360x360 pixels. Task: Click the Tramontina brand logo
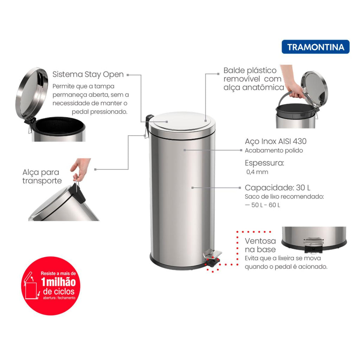(x=315, y=47)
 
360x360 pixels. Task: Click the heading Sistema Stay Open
(x=88, y=75)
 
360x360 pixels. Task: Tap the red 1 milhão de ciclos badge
(x=51, y=285)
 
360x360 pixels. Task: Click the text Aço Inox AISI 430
(x=276, y=141)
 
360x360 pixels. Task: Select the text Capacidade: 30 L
(x=277, y=188)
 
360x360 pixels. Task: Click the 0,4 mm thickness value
(x=257, y=172)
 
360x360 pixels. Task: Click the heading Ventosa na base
(x=260, y=245)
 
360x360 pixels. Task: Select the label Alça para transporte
(x=42, y=176)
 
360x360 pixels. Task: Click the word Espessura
(x=264, y=163)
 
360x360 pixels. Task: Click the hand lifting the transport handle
(x=81, y=168)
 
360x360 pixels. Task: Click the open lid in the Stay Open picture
(x=31, y=94)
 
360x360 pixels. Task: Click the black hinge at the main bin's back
(x=149, y=121)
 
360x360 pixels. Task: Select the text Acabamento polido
(x=274, y=150)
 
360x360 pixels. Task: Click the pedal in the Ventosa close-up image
(x=313, y=245)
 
